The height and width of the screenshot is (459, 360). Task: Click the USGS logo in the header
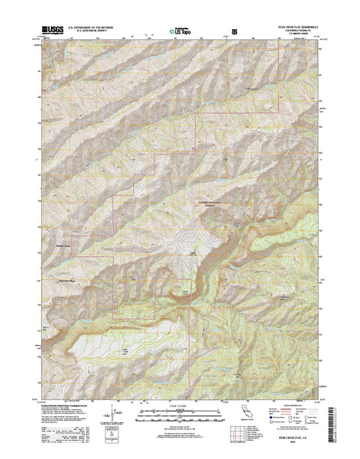point(47,31)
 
